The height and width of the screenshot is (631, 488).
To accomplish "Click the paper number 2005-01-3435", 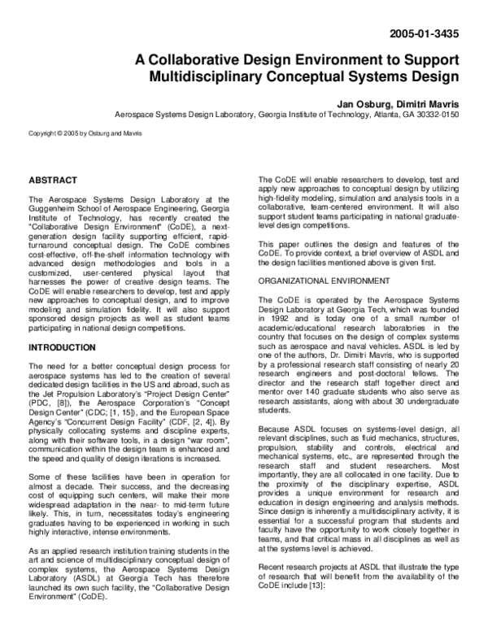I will tap(425, 36).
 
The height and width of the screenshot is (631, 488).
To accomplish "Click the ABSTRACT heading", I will tap(53, 180).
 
